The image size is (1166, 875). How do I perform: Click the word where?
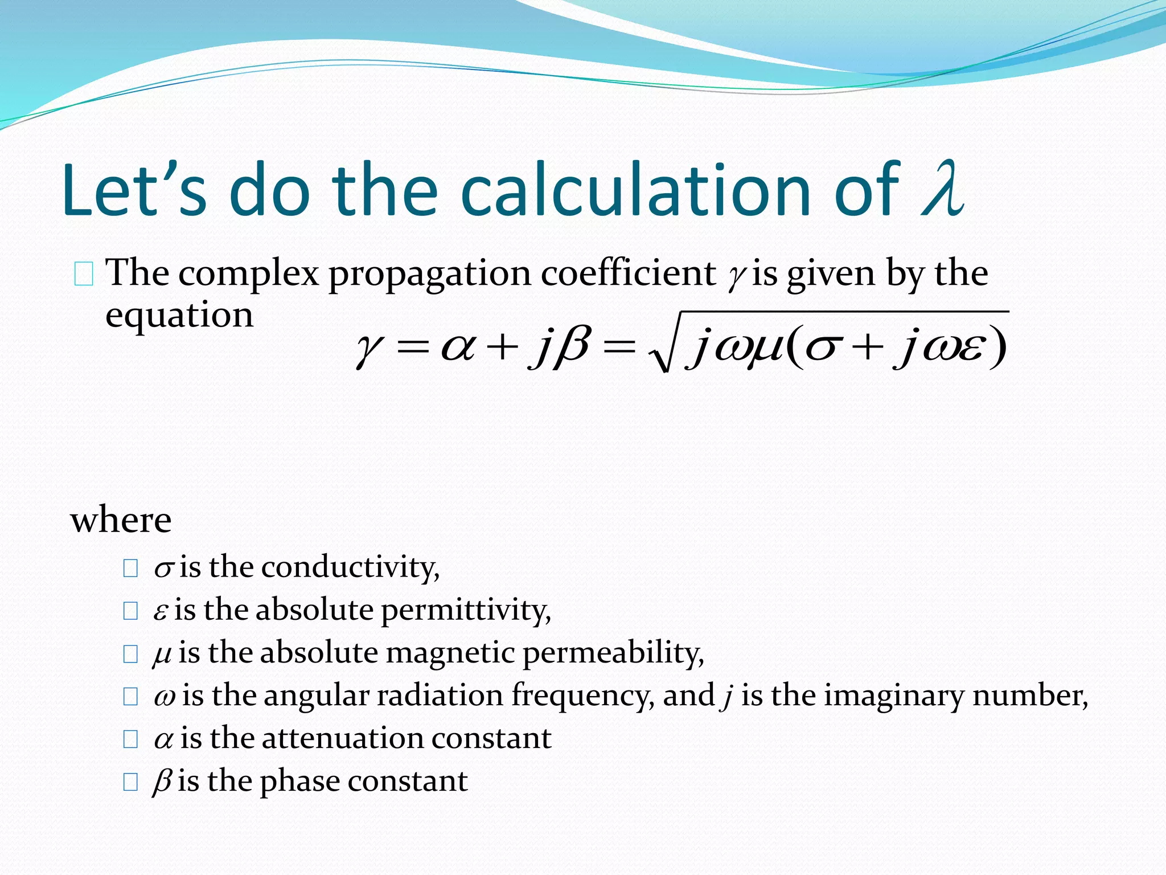(x=121, y=520)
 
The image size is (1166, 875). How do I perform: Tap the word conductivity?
(x=350, y=567)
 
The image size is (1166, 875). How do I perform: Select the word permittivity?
(x=466, y=610)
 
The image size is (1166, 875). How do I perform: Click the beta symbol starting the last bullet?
(x=162, y=781)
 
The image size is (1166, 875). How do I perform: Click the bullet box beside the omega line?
(x=130, y=696)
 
